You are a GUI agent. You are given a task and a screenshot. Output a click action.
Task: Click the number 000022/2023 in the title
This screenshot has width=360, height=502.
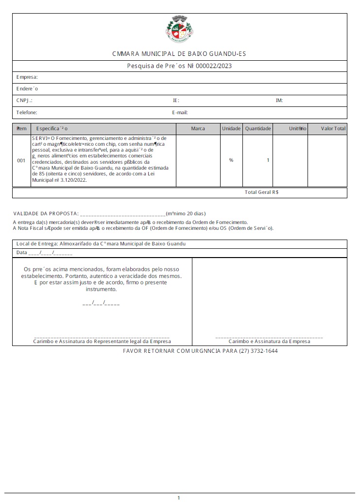tap(214, 66)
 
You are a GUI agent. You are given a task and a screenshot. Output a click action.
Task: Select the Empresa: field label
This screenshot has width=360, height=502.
tap(27, 77)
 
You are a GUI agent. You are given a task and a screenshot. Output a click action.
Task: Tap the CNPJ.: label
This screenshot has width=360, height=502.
tap(24, 101)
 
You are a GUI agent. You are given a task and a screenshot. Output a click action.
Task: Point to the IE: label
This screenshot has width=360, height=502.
tap(176, 101)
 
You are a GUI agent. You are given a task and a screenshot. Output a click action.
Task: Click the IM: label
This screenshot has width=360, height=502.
tap(279, 101)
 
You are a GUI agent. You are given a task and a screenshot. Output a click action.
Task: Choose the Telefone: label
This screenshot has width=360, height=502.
tap(27, 112)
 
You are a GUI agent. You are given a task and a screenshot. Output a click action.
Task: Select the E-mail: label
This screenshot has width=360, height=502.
tap(180, 112)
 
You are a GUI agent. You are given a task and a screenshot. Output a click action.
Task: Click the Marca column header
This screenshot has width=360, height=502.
tap(198, 129)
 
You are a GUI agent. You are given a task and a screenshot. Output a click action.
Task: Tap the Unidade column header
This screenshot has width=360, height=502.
tap(231, 129)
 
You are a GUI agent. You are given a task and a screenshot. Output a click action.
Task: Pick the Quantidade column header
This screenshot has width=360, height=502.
tap(258, 129)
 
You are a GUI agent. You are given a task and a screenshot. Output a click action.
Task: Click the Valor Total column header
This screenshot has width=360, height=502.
tap(333, 129)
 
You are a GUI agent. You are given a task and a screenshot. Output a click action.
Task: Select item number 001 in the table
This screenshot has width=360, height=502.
tap(21, 160)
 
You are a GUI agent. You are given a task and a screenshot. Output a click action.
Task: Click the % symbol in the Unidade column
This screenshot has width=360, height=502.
tap(231, 160)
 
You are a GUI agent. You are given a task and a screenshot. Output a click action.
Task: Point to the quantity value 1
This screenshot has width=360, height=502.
tap(268, 160)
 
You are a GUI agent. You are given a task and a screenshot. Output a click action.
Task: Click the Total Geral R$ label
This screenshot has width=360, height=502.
tap(261, 192)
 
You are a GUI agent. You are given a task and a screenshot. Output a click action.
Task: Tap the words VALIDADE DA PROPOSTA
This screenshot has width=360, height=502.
tap(45, 213)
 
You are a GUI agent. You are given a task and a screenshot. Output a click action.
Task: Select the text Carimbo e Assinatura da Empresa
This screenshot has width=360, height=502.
tap(269, 342)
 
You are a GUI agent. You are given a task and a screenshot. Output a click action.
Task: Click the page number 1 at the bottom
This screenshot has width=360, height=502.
tap(179, 498)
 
